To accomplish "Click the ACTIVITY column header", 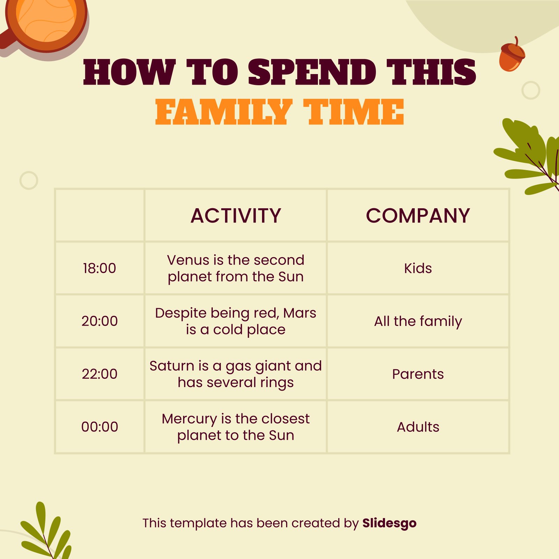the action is coord(236,216).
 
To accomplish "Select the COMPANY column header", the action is coord(418,216).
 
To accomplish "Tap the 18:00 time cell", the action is coord(100,268).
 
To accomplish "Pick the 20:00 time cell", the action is coord(100,321).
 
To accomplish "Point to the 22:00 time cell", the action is coord(100,374).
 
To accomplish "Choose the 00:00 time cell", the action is coord(100,427).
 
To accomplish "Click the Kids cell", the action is coord(418,268).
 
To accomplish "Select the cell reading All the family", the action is coord(418,321).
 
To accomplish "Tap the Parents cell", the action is coord(418,374).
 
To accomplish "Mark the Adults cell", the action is coord(418,427).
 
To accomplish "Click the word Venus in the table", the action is coord(188,260).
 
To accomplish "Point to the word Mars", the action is coord(300,313).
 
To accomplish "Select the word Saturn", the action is coord(172,366).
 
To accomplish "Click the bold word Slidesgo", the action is coord(389,523).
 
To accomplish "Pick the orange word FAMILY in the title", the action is coord(224,112).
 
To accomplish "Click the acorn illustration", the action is coord(512,54).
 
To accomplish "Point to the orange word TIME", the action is coord(354,112).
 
